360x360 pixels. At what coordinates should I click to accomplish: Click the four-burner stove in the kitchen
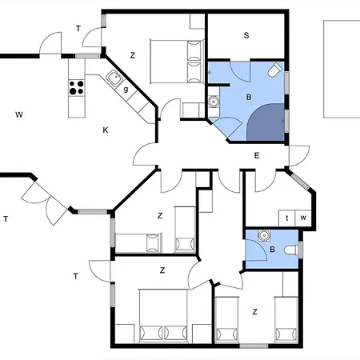point(77,88)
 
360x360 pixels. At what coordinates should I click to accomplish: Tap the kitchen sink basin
point(115,78)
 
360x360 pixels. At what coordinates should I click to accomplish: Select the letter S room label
point(246,35)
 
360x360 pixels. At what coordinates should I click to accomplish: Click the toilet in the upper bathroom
point(275,70)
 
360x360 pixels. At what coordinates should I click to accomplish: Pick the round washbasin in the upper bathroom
point(213,102)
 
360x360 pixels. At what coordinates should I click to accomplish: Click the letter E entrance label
point(257,155)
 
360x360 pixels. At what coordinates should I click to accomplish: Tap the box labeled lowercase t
point(287,218)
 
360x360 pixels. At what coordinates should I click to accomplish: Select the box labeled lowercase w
point(303,218)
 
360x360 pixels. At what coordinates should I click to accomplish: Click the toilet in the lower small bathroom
point(291,250)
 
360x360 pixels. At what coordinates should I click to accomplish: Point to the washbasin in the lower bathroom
point(264,235)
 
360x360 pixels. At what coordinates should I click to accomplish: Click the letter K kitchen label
point(106,130)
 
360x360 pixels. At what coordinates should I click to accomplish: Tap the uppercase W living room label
point(19,114)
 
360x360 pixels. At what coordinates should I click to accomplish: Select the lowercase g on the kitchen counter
point(126,89)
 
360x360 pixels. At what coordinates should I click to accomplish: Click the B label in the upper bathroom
point(249,97)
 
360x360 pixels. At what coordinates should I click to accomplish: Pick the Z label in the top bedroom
point(133,55)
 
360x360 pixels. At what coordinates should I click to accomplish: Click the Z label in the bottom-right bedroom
point(255,311)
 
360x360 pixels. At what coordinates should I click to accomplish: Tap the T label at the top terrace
point(78,29)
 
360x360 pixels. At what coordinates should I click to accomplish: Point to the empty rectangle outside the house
point(342,69)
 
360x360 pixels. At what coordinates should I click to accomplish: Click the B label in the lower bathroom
point(272,250)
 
